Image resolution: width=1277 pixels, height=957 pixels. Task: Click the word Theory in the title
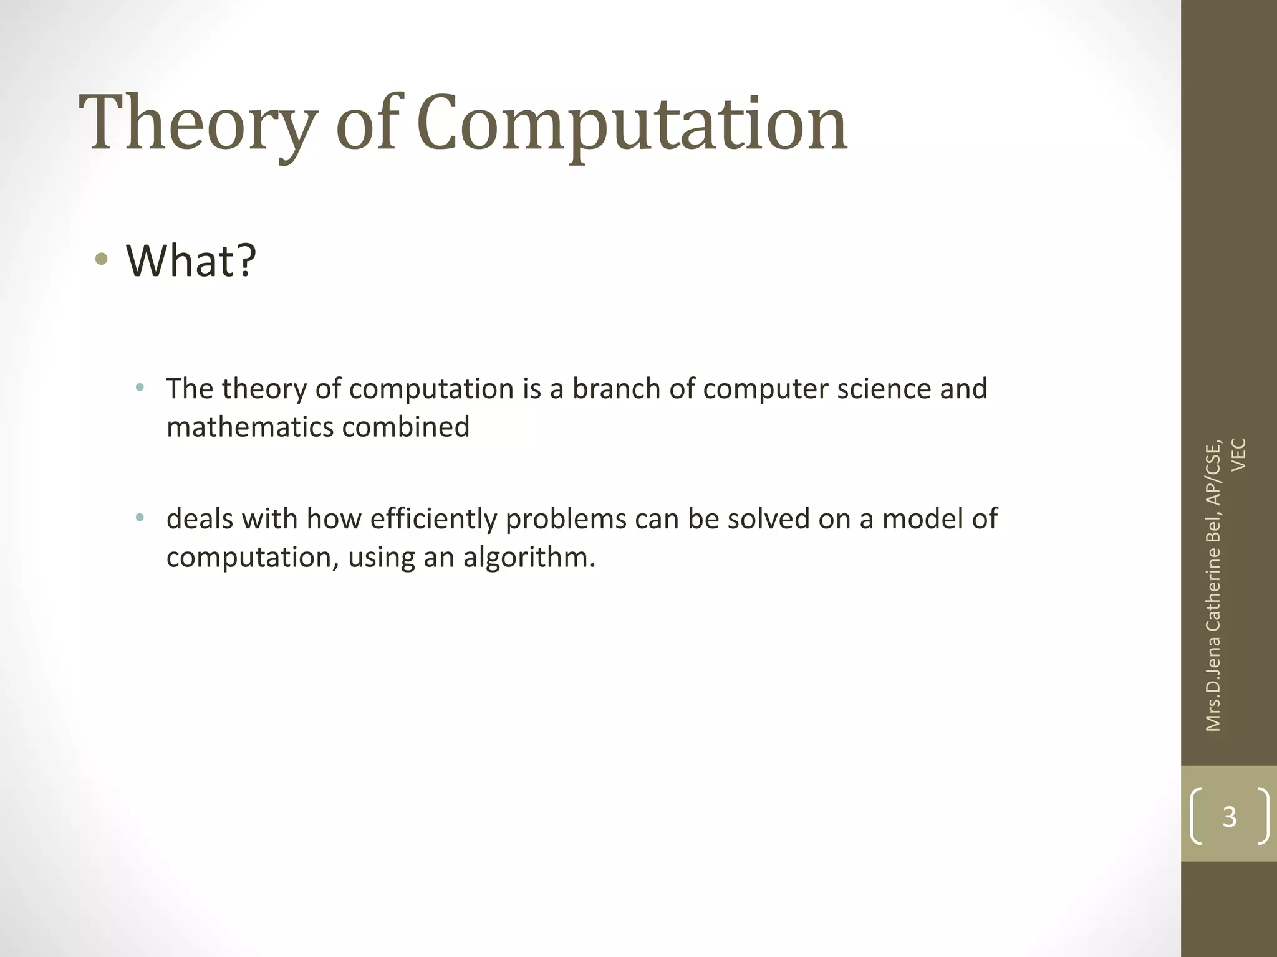pyautogui.click(x=198, y=123)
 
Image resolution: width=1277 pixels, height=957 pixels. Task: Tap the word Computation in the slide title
pyautogui.click(x=631, y=123)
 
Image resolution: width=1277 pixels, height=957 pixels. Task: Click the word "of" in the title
pyautogui.click(x=367, y=123)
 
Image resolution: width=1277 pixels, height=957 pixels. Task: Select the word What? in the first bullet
pyautogui.click(x=191, y=260)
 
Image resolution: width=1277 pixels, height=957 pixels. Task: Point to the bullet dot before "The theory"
pyautogui.click(x=140, y=388)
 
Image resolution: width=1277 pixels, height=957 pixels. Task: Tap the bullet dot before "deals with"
pyautogui.click(x=140, y=517)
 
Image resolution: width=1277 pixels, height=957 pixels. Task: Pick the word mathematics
pyautogui.click(x=249, y=427)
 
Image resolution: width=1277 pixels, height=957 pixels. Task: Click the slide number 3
pyautogui.click(x=1229, y=816)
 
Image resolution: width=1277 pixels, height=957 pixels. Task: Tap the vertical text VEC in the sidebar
pyautogui.click(x=1239, y=455)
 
